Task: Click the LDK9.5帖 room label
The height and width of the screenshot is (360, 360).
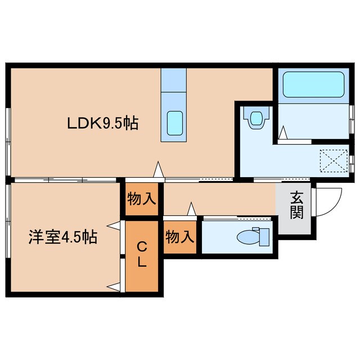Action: coord(103,122)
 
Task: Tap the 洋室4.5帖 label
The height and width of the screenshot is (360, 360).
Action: coord(64,237)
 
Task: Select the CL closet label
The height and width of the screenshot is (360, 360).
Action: coord(142,254)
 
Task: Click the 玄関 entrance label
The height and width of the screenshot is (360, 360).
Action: coord(296,205)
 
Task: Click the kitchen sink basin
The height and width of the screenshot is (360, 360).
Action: coord(175,122)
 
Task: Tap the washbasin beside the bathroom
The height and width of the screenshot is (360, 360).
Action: coord(256,119)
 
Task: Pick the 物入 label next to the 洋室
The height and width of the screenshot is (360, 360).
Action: coord(142,199)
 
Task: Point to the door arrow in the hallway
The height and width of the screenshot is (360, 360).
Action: coord(191,209)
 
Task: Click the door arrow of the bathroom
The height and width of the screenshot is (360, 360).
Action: coord(284,133)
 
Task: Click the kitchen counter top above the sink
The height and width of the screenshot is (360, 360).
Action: coord(174,82)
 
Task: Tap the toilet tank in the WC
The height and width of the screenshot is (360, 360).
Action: coord(264,237)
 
